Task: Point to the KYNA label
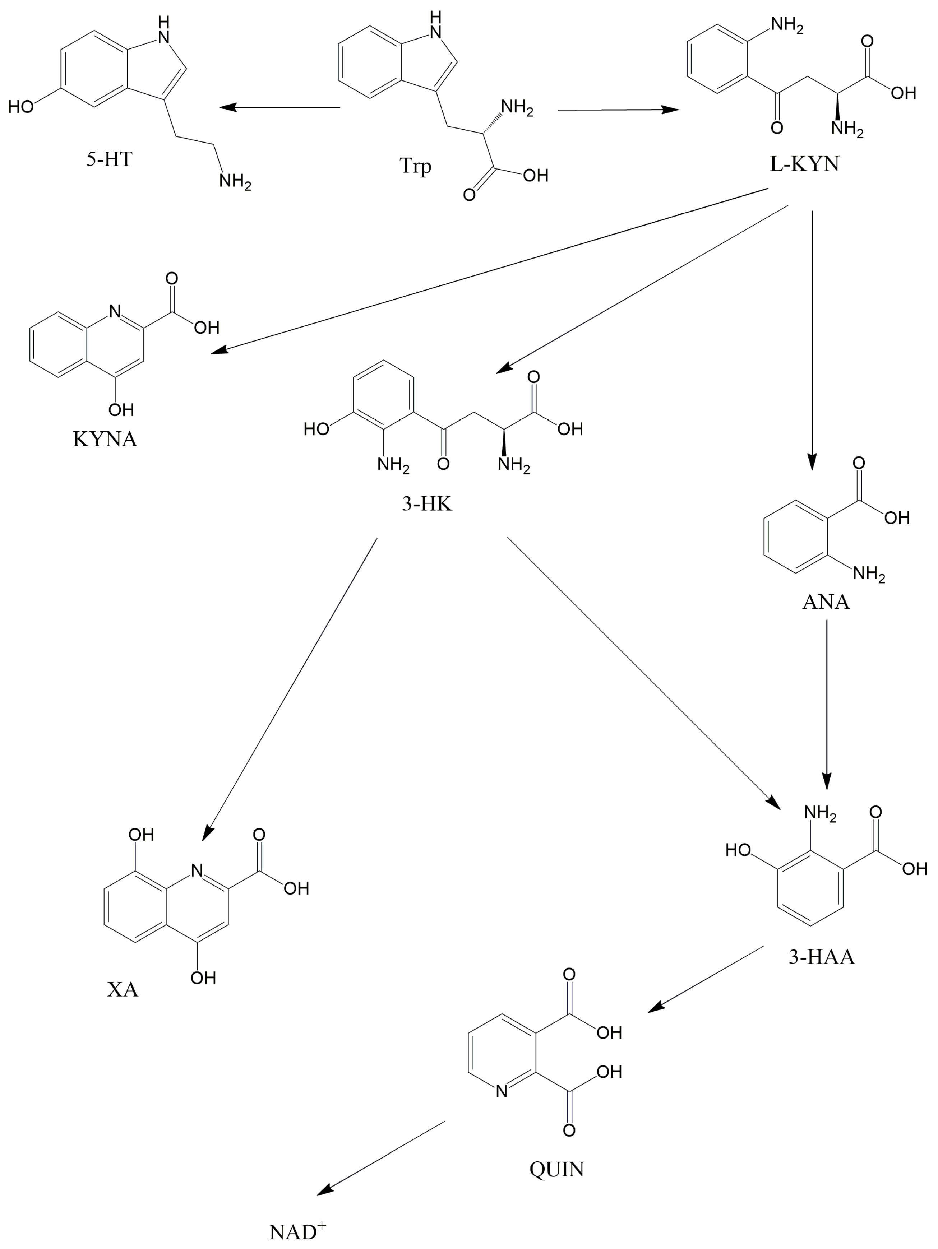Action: pos(105,439)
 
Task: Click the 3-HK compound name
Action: pos(427,503)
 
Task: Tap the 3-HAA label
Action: pos(821,957)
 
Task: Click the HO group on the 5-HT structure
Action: pos(22,106)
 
